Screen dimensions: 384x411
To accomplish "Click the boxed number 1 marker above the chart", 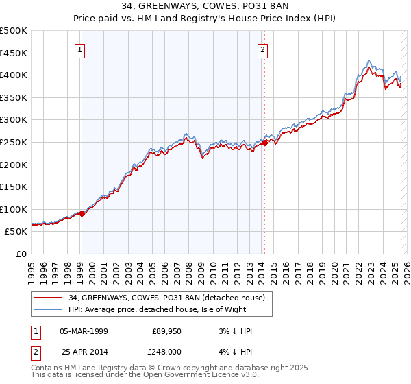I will click(x=81, y=49).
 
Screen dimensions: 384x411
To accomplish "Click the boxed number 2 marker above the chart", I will click(x=263, y=49).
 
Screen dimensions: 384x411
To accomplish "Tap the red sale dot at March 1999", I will click(x=82, y=213).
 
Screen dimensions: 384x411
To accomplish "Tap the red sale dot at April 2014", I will click(x=264, y=143).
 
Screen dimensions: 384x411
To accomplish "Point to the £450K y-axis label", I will click(x=14, y=53).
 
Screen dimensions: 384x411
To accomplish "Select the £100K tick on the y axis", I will click(x=14, y=209).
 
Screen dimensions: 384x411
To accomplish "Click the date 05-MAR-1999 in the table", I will click(x=84, y=331).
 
